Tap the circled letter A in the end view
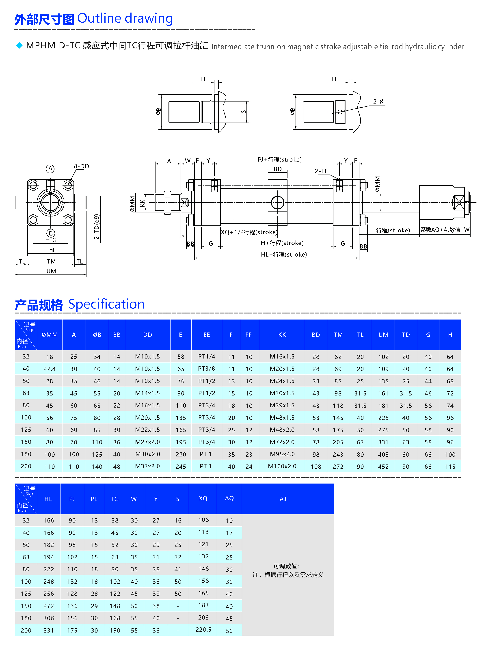pos(50,168)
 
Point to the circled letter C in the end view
pos(51,233)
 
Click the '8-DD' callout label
pos(81,166)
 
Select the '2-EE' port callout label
pos(321,171)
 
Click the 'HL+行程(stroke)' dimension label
pos(284,254)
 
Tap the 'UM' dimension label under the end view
pos(51,271)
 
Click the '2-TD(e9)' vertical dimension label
pos(97,227)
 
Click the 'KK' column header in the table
pos(282,335)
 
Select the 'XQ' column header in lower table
pos(203,498)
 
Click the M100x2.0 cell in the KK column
pos(282,466)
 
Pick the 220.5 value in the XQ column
pos(203,630)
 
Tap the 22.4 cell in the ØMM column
pos(50,369)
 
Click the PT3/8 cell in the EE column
pos(207,369)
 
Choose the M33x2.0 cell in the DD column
pos(147,466)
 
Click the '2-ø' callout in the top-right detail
pos(378,101)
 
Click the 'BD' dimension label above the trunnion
pos(278,169)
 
